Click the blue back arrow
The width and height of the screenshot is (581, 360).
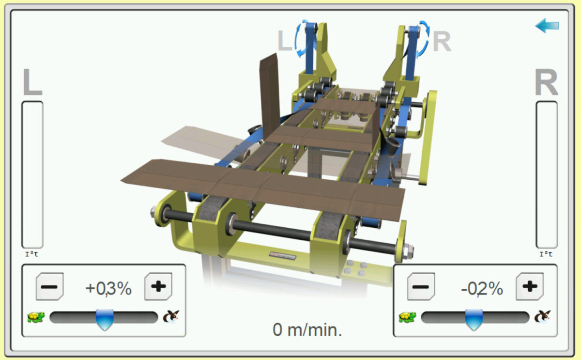547,26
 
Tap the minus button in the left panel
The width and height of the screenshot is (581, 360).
49,286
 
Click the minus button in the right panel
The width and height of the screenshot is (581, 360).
421,286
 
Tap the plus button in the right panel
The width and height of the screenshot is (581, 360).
529,286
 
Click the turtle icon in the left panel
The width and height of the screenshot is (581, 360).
36,317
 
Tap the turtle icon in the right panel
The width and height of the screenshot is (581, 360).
407,317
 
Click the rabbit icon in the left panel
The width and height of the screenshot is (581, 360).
171,317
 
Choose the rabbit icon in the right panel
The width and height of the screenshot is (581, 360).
542,317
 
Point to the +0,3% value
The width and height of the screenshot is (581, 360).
108,288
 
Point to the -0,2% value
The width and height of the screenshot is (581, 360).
482,289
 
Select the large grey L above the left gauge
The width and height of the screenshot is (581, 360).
32,83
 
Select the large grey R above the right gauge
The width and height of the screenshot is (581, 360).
546,83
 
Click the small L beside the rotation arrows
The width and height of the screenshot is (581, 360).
285,41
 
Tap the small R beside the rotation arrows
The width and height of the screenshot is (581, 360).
442,42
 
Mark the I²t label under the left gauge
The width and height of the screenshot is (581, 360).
31,254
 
